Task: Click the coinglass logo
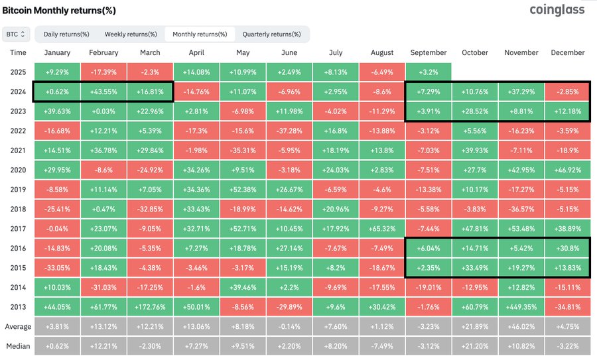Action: click(558, 10)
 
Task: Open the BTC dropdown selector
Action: click(17, 34)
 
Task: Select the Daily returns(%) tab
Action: click(66, 34)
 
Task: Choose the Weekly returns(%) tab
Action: click(130, 34)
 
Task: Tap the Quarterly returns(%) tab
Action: click(271, 34)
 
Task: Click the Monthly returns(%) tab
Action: click(200, 34)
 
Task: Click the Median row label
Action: click(19, 346)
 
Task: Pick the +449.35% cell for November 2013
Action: click(521, 307)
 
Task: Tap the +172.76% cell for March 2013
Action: click(150, 307)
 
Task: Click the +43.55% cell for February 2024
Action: click(103, 91)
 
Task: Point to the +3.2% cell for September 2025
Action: click(429, 72)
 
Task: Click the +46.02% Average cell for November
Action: click(521, 326)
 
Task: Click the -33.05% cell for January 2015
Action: click(57, 267)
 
